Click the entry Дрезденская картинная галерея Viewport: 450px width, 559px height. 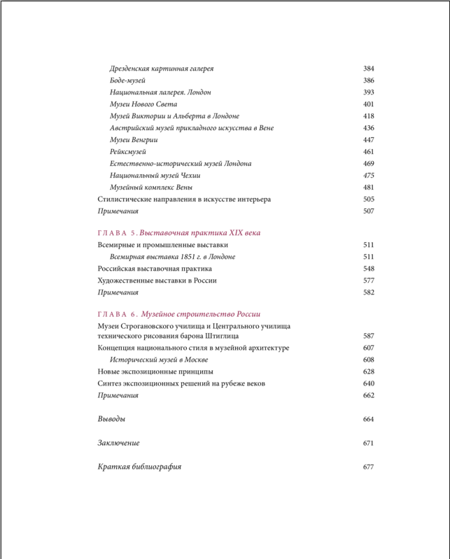(162, 69)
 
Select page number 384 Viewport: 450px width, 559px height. (369, 69)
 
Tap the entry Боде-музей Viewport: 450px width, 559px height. (127, 80)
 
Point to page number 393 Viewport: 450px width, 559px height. (369, 92)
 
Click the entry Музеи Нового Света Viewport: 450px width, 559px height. (143, 104)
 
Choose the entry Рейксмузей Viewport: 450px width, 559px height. (129, 152)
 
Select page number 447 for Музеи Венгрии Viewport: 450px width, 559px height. (369, 140)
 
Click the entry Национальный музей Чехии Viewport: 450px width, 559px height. (155, 176)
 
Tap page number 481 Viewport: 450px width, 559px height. (369, 187)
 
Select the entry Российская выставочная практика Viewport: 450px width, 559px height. (155, 269)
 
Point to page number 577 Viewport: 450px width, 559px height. (369, 281)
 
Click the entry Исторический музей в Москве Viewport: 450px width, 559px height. (159, 360)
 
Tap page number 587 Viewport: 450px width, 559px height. (369, 336)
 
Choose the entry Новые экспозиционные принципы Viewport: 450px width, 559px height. (155, 372)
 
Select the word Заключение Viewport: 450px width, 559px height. (118, 443)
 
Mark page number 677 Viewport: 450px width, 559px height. (369, 467)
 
